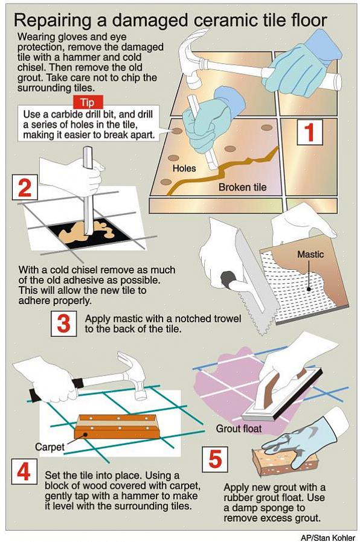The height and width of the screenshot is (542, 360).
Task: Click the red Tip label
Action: click(88, 103)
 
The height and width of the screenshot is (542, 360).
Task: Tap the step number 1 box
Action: click(310, 132)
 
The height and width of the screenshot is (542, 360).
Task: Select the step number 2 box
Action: click(25, 187)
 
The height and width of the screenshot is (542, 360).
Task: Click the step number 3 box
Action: click(63, 324)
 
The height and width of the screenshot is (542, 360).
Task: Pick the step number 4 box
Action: click(24, 471)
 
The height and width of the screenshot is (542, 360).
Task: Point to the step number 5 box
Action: click(215, 459)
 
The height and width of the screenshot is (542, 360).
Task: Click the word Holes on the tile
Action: click(184, 168)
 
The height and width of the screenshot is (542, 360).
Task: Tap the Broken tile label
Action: click(242, 187)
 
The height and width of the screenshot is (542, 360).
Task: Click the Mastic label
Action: click(310, 255)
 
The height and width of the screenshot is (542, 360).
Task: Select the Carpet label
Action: click(50, 447)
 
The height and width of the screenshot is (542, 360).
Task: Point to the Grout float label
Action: click(239, 429)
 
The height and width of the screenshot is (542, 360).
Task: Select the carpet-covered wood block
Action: click(117, 427)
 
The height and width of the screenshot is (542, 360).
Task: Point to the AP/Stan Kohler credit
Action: click(327, 538)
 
